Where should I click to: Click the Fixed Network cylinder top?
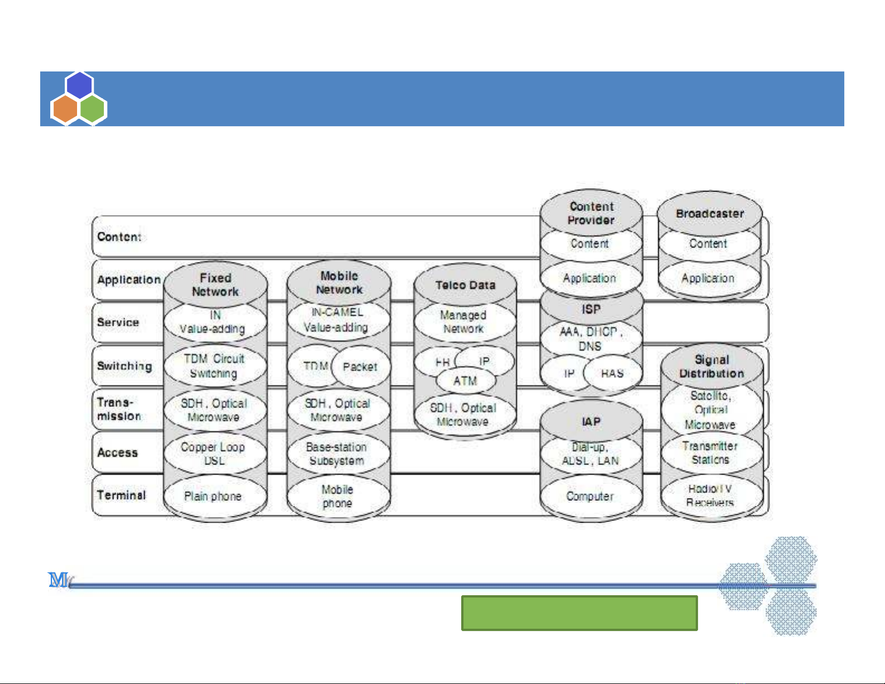tap(215, 285)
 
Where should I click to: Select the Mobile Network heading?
tap(339, 283)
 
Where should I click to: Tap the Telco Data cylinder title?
tap(465, 285)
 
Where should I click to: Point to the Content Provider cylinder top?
tap(591, 213)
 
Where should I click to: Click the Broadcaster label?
tap(710, 214)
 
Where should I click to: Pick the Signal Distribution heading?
tap(711, 367)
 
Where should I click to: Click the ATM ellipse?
tap(465, 381)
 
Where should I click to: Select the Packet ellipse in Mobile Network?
tap(360, 367)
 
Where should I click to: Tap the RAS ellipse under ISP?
tap(613, 374)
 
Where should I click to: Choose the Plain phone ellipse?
tap(213, 496)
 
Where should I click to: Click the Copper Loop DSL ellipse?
tap(213, 453)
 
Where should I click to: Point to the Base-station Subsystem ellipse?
tap(337, 454)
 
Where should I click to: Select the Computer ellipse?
tap(590, 496)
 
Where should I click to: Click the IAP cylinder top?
tap(591, 422)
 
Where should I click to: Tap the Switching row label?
tap(124, 366)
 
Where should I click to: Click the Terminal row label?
tap(121, 495)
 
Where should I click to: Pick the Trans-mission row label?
tap(118, 409)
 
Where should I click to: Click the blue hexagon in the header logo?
tap(79, 85)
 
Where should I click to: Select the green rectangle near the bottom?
tap(579, 613)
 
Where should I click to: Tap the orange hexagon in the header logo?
tap(65, 109)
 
